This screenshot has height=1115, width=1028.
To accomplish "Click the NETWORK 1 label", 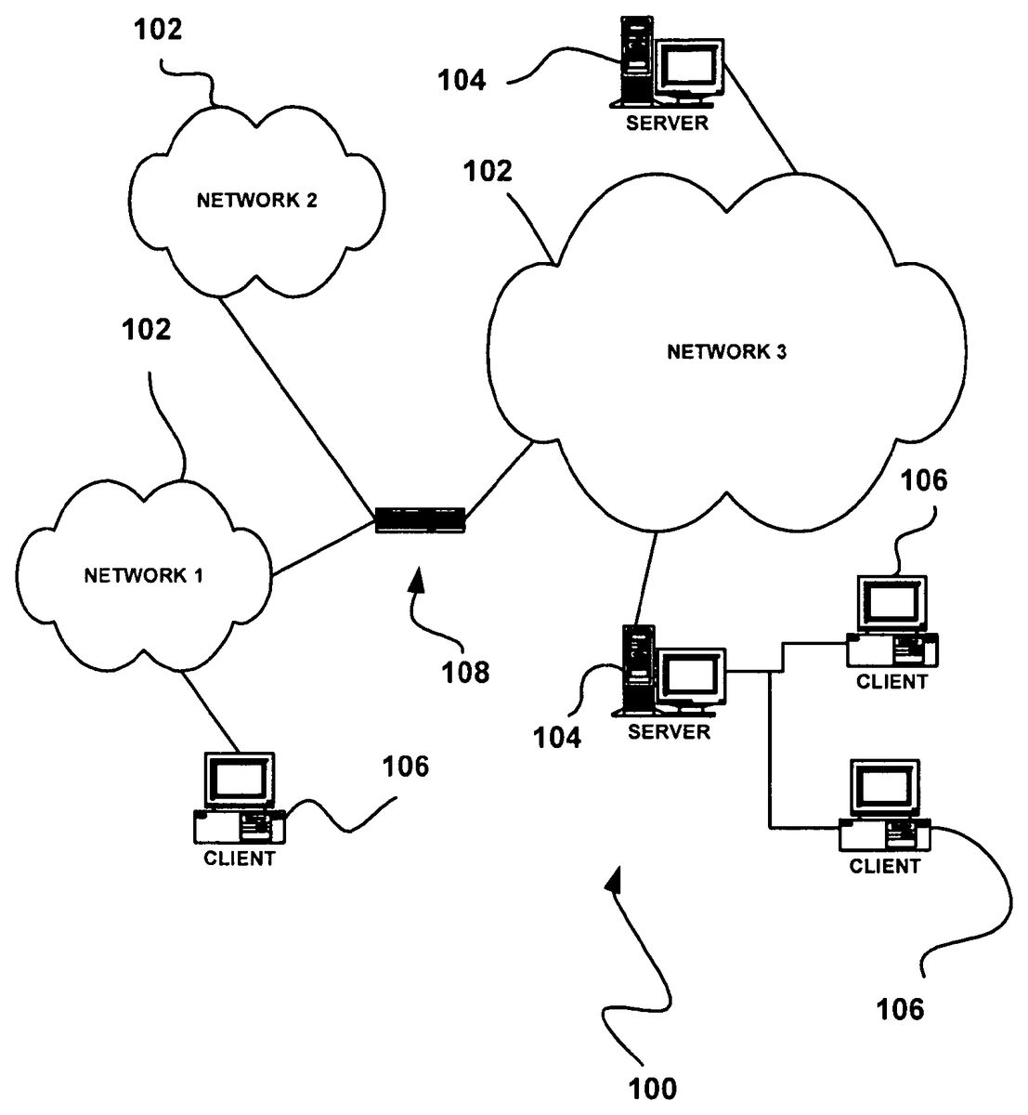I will pos(143,575).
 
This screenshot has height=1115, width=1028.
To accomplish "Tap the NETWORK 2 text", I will pos(257,200).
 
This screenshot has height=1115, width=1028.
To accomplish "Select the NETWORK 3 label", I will pos(727,351).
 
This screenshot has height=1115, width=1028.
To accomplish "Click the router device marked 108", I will pos(419,519).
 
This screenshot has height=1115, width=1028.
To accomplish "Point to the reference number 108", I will pos(466,672).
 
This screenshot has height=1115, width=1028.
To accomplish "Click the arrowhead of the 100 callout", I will pos(613,880).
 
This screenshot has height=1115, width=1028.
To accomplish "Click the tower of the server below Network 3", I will pos(636,667).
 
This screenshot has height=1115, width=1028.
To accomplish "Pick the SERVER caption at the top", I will pos(667,123).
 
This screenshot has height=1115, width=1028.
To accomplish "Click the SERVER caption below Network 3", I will pos(669,732).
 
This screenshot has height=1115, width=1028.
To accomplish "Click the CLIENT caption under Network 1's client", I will pos(239,859).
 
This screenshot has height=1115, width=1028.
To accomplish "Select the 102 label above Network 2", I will pos(159,30).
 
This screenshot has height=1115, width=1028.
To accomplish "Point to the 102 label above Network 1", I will pos(147,329).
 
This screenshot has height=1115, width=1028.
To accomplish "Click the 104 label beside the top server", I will pos(462,81).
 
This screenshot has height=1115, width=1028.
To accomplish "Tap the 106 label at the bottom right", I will pos(900,1009).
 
